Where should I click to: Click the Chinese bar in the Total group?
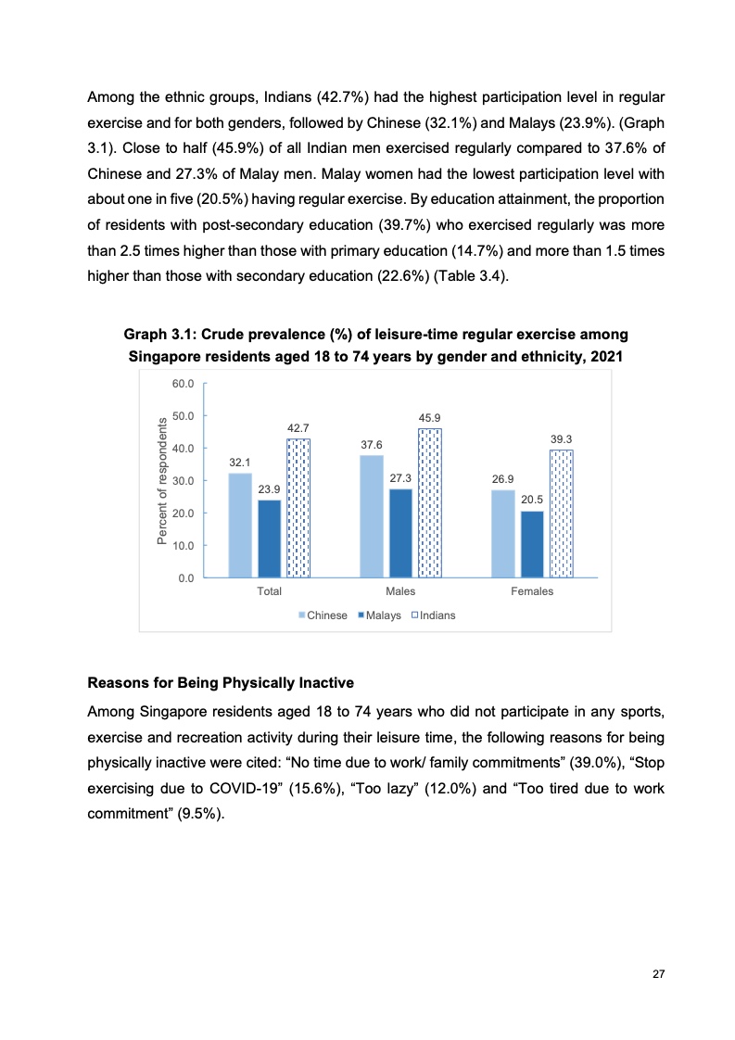coord(240,525)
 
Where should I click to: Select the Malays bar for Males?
coord(400,533)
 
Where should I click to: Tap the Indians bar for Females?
coord(562,513)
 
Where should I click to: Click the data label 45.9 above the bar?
coord(429,419)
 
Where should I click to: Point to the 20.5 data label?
coord(532,501)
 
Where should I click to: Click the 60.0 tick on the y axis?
coord(183,384)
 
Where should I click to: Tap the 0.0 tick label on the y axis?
coord(185,577)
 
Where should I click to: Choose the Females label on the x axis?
coord(532,591)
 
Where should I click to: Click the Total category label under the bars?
coord(270,591)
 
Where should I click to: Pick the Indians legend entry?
coord(432,615)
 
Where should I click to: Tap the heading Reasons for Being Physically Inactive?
coord(221,684)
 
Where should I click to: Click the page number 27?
coord(659,974)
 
